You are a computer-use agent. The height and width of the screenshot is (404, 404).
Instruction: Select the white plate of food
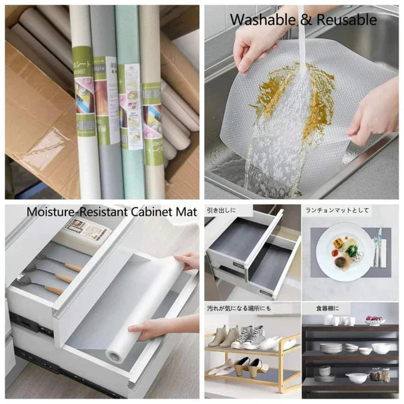[x=343, y=250]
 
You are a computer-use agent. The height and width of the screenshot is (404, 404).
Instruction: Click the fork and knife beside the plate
[x=378, y=247]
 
